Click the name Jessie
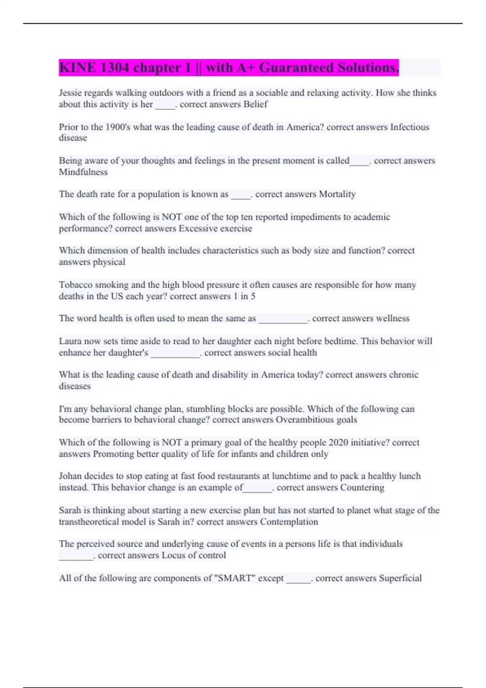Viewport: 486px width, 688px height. click(x=70, y=93)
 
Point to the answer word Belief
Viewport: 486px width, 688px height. click(x=256, y=104)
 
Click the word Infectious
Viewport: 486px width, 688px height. click(x=409, y=127)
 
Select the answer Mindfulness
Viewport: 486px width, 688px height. click(x=83, y=172)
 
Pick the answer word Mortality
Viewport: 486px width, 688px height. click(x=337, y=194)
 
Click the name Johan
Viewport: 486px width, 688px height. click(x=70, y=476)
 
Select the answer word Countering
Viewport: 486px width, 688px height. click(x=362, y=487)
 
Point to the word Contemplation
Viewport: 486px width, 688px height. click(x=289, y=522)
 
